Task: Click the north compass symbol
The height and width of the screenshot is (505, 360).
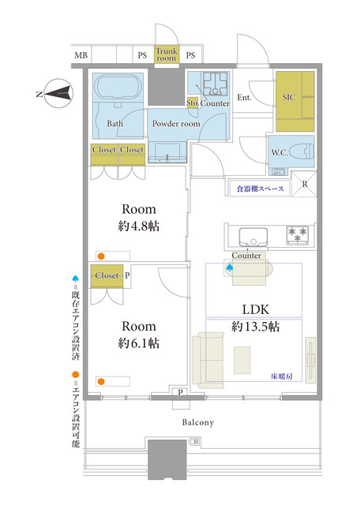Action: pyautogui.click(x=58, y=93)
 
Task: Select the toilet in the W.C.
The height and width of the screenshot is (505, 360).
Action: pyautogui.click(x=302, y=151)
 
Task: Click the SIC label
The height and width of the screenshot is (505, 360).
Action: pyautogui.click(x=289, y=97)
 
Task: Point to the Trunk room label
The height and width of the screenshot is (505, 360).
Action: pyautogui.click(x=167, y=54)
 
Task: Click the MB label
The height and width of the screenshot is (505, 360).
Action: pyautogui.click(x=81, y=55)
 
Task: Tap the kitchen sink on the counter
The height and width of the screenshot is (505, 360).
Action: pyautogui.click(x=253, y=237)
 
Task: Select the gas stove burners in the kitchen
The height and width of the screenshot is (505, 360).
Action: pyautogui.click(x=297, y=235)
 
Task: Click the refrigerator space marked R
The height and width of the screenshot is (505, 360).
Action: pyautogui.click(x=304, y=184)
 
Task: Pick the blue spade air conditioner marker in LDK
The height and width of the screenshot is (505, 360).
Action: pyautogui.click(x=230, y=267)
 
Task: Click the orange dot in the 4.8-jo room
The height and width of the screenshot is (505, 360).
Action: pyautogui.click(x=101, y=256)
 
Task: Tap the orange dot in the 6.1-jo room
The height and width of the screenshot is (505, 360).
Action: pyautogui.click(x=101, y=382)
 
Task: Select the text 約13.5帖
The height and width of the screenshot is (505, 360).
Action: pyautogui.click(x=255, y=327)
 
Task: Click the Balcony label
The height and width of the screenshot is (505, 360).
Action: pyautogui.click(x=198, y=423)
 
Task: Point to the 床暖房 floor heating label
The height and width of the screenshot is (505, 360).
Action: pyautogui.click(x=282, y=376)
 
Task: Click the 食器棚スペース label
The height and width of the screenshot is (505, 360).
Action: pyautogui.click(x=260, y=189)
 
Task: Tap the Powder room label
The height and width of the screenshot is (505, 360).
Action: pyautogui.click(x=176, y=124)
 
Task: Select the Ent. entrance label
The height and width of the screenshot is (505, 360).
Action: pyautogui.click(x=244, y=97)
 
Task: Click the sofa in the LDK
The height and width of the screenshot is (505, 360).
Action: pyautogui.click(x=208, y=360)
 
